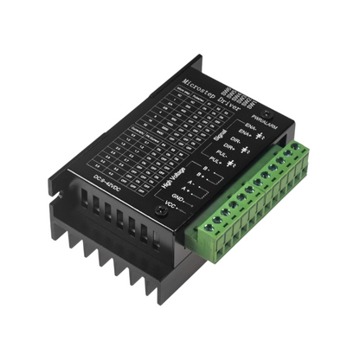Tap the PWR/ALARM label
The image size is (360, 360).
261,116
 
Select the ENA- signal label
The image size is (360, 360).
251,128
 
